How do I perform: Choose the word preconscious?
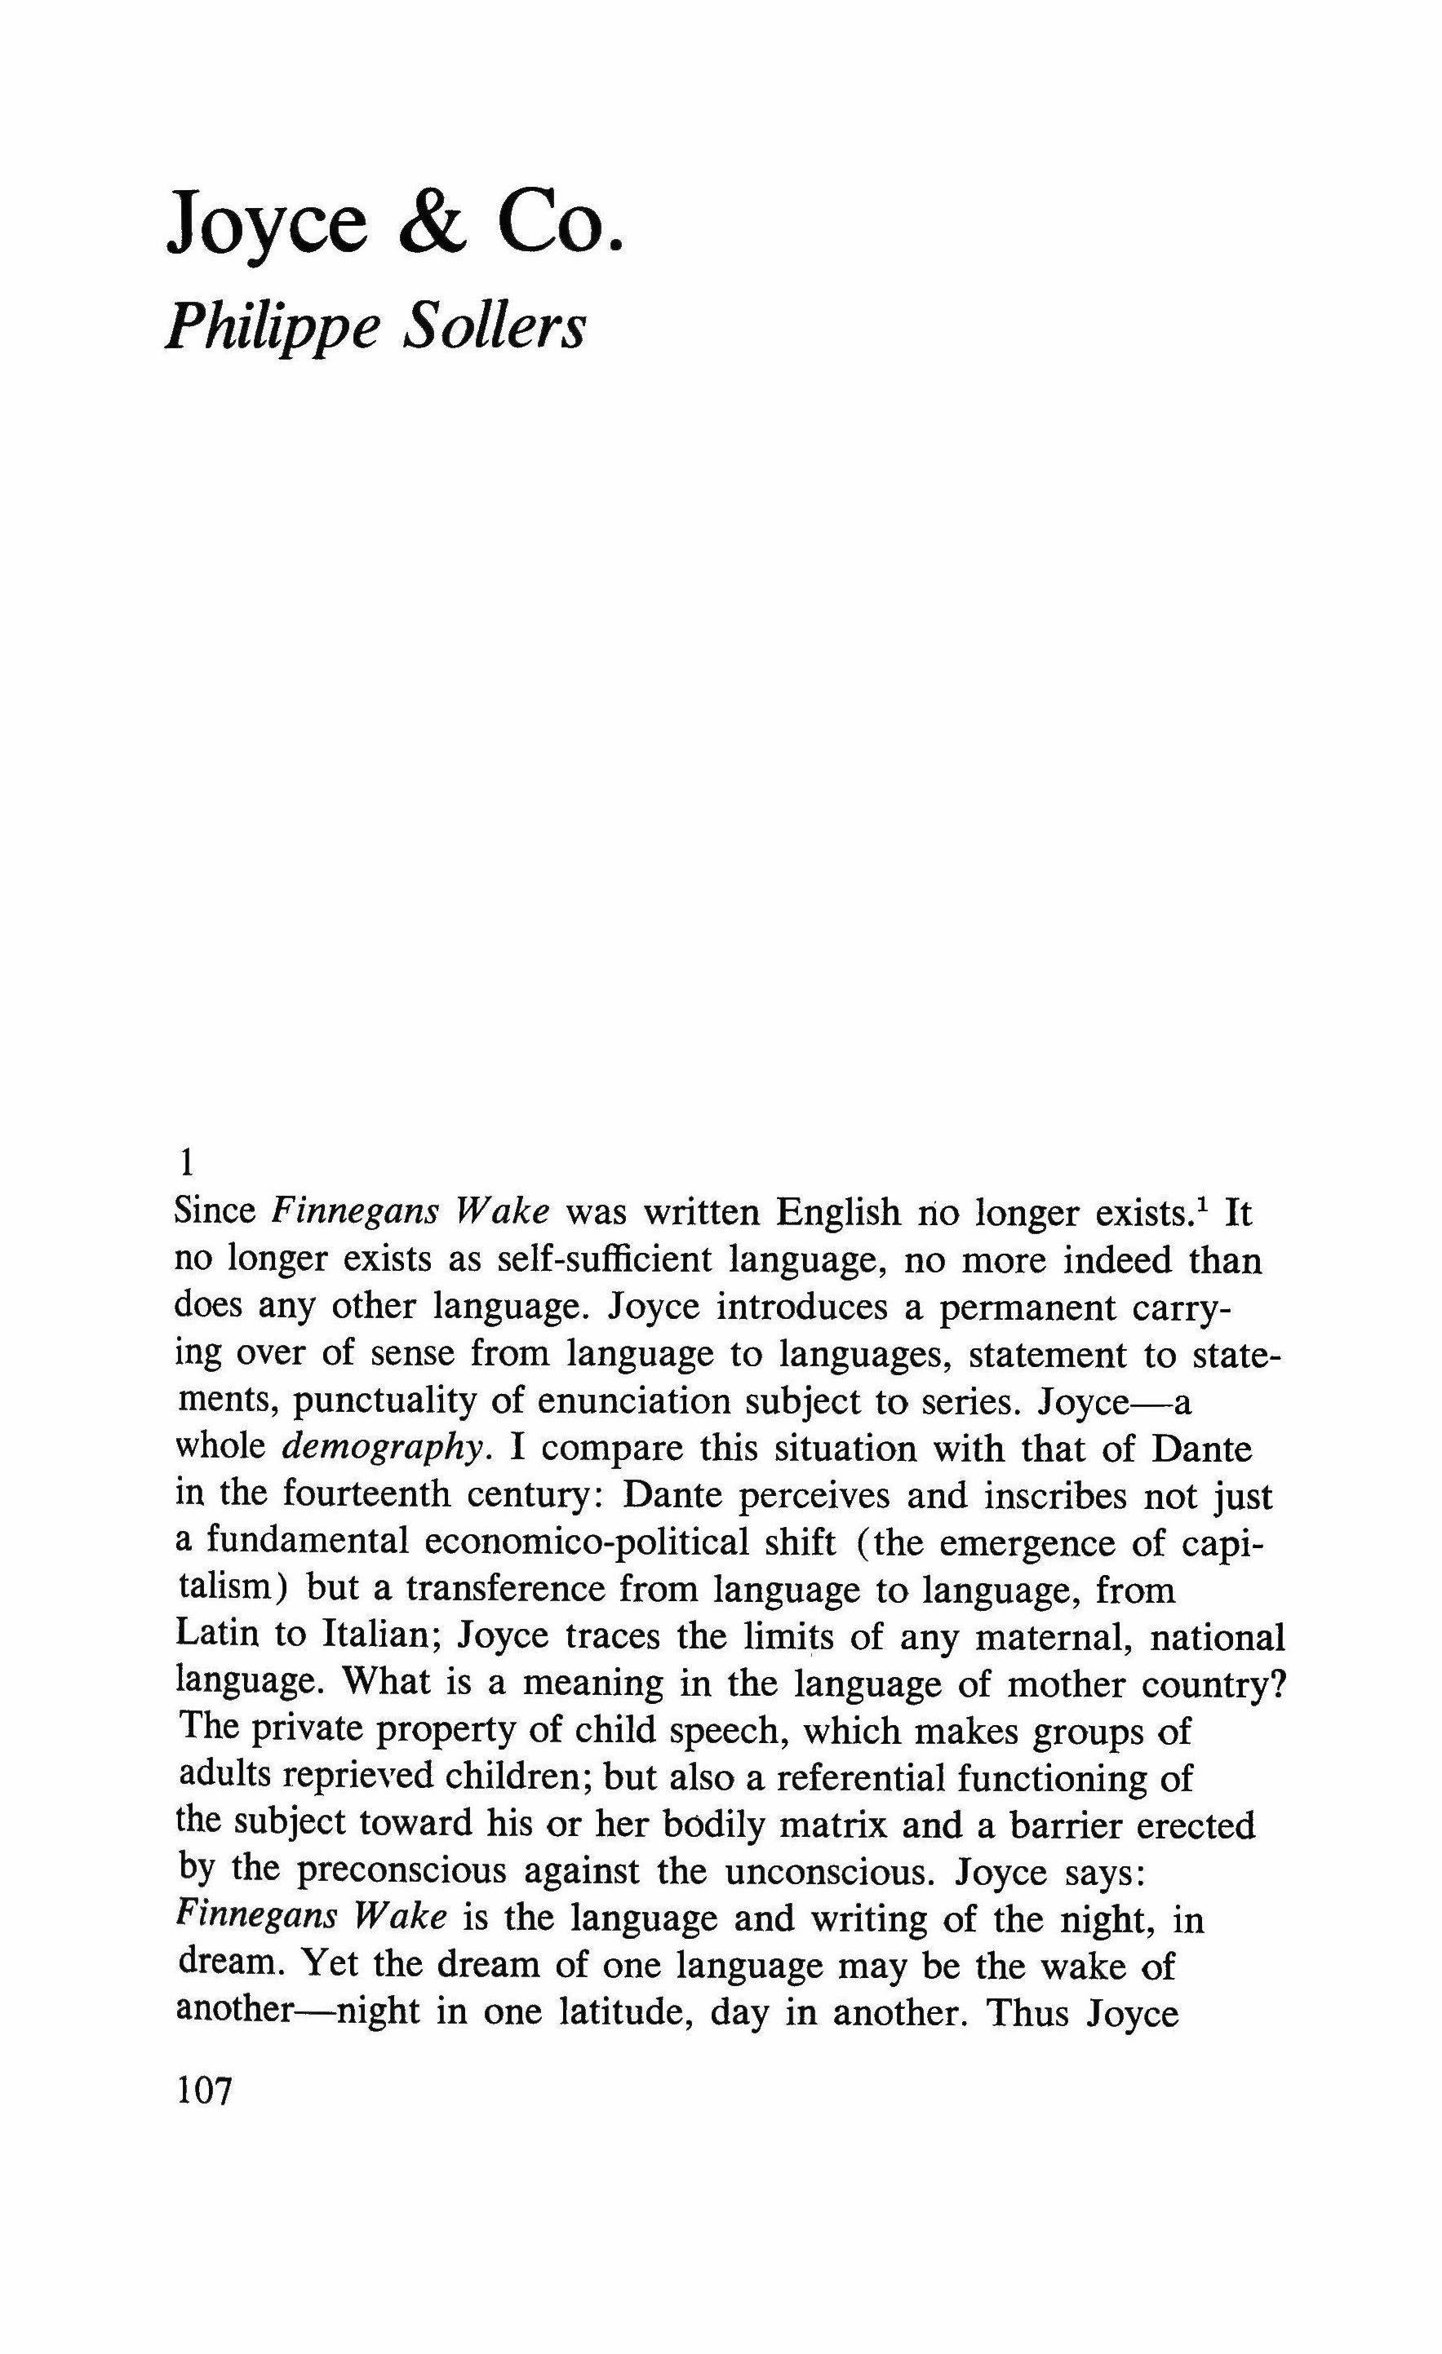click(402, 1870)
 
